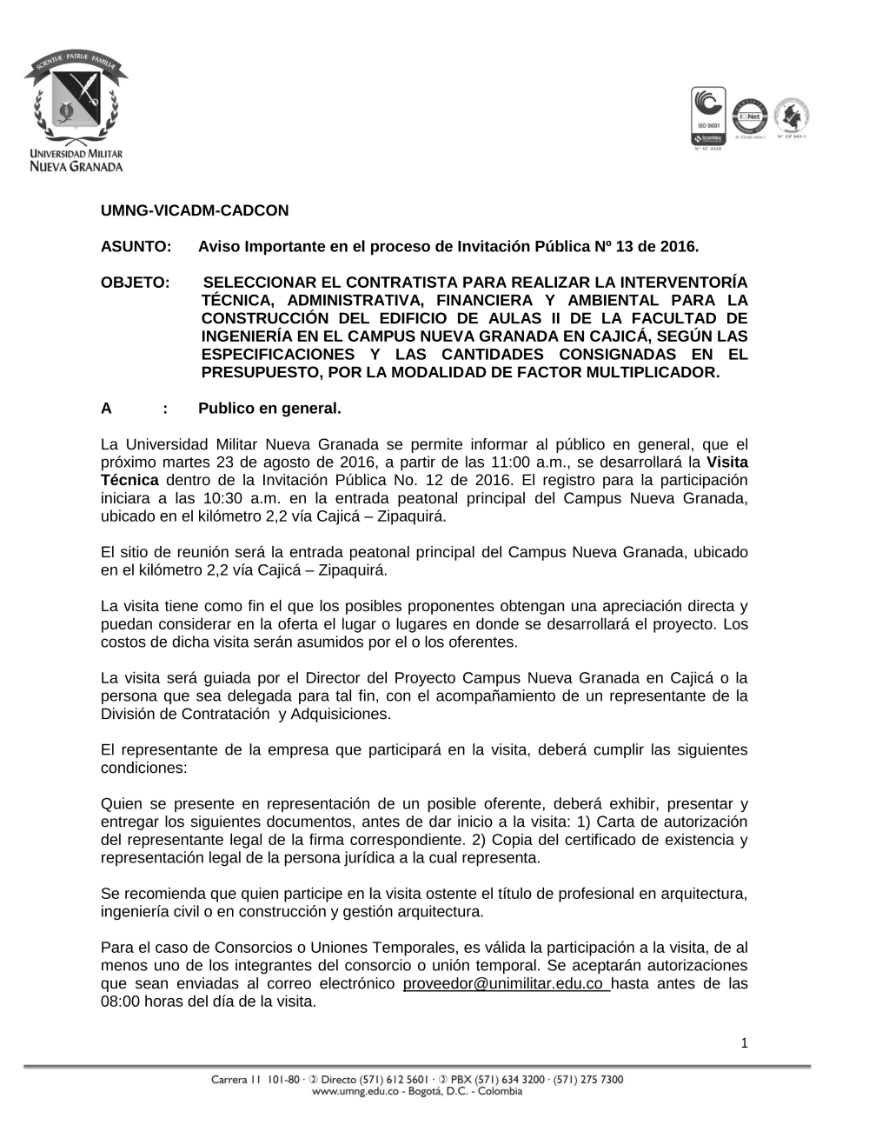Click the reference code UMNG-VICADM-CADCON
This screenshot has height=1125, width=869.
click(195, 210)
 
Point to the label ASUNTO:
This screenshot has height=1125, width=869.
click(135, 247)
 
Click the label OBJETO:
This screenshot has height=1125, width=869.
click(135, 283)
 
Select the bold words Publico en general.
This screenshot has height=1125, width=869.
click(269, 409)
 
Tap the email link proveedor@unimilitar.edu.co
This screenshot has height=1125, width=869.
click(505, 983)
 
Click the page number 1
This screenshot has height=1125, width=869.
click(745, 1043)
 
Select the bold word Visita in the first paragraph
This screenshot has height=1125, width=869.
click(727, 463)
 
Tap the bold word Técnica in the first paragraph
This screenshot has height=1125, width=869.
click(129, 481)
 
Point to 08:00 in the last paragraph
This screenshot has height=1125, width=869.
click(120, 1001)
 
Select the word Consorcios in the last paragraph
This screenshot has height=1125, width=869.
click(235, 948)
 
